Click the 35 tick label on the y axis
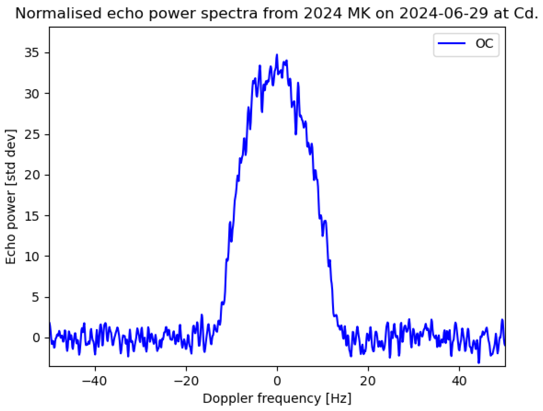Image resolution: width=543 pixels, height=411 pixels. pos(32,53)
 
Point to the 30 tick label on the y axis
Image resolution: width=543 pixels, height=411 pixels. pos(32,94)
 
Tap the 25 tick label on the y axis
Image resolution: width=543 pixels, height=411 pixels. pos(32,135)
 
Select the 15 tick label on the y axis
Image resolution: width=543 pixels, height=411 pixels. pos(32,216)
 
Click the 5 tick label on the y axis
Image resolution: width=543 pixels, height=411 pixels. pos(36,297)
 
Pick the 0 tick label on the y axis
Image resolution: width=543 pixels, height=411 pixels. pos(36,338)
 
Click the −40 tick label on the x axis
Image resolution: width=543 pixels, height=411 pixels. pos(95,381)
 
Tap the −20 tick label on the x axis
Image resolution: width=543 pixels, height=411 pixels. pos(186,381)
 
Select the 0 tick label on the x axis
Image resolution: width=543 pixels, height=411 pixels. pos(277,381)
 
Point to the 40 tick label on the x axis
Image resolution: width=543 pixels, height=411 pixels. pos(459,381)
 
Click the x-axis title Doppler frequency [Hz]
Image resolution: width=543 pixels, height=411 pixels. pos(277,399)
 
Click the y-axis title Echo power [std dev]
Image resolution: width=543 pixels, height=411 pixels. pos(11,197)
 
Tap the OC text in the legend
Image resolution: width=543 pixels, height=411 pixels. pos(484,44)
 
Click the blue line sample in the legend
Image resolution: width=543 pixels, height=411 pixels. pos(452,43)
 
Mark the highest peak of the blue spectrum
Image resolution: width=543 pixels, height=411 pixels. pos(277,55)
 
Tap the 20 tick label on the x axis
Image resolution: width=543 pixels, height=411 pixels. pos(368,381)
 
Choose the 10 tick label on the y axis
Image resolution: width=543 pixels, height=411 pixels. pos(32,257)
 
